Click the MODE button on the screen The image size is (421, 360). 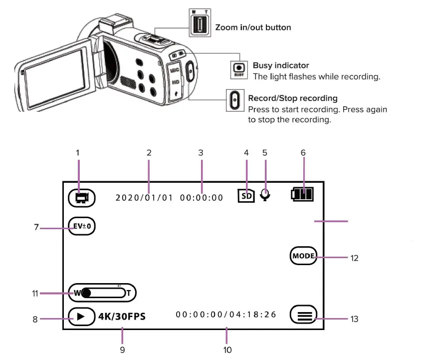pos(303,256)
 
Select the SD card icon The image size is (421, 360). pos(246,195)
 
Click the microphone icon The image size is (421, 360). pos(265,195)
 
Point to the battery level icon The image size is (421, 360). pos(303,194)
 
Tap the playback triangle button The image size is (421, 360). pos(81,317)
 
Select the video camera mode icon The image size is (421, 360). pos(81,197)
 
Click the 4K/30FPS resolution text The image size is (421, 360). pos(122,316)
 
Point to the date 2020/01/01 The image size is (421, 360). pos(144,198)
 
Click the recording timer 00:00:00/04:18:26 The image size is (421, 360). pos(226,315)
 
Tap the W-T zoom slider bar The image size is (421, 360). pos(102,293)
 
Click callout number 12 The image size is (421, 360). pos(355,258)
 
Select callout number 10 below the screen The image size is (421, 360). pos(227,350)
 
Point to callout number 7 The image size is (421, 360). pos(36,228)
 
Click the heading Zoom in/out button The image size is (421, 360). pos(253,27)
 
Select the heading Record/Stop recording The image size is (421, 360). pos(293,98)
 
